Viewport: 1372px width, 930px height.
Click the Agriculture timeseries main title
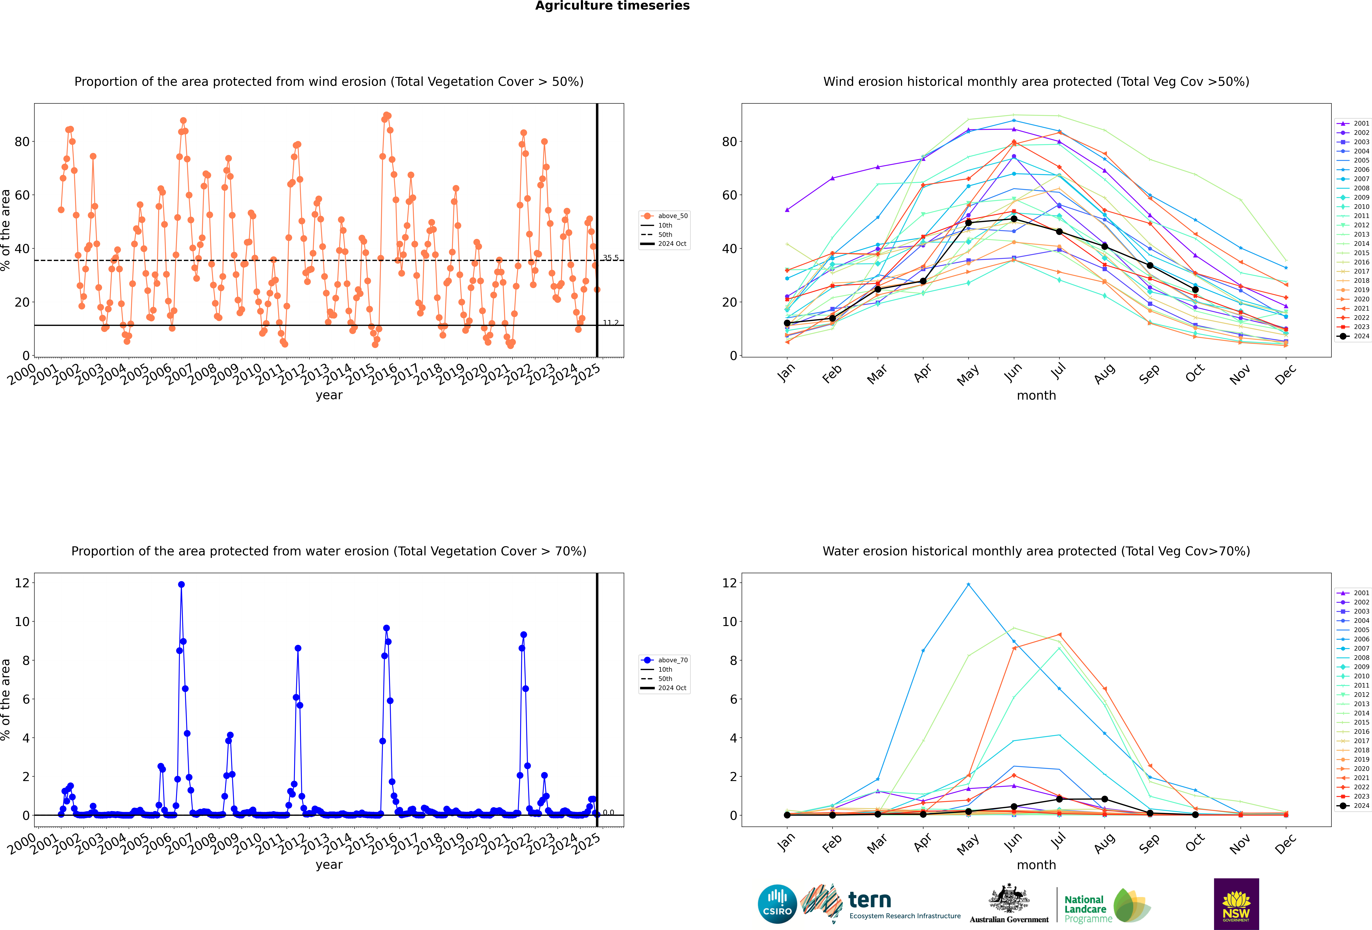(x=612, y=6)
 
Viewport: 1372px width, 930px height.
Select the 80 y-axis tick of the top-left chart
(x=22, y=142)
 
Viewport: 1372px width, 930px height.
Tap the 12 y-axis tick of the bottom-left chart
(x=22, y=583)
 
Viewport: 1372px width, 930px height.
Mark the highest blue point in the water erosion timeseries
(x=181, y=585)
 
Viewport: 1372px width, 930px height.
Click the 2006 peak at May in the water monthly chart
(x=968, y=585)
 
